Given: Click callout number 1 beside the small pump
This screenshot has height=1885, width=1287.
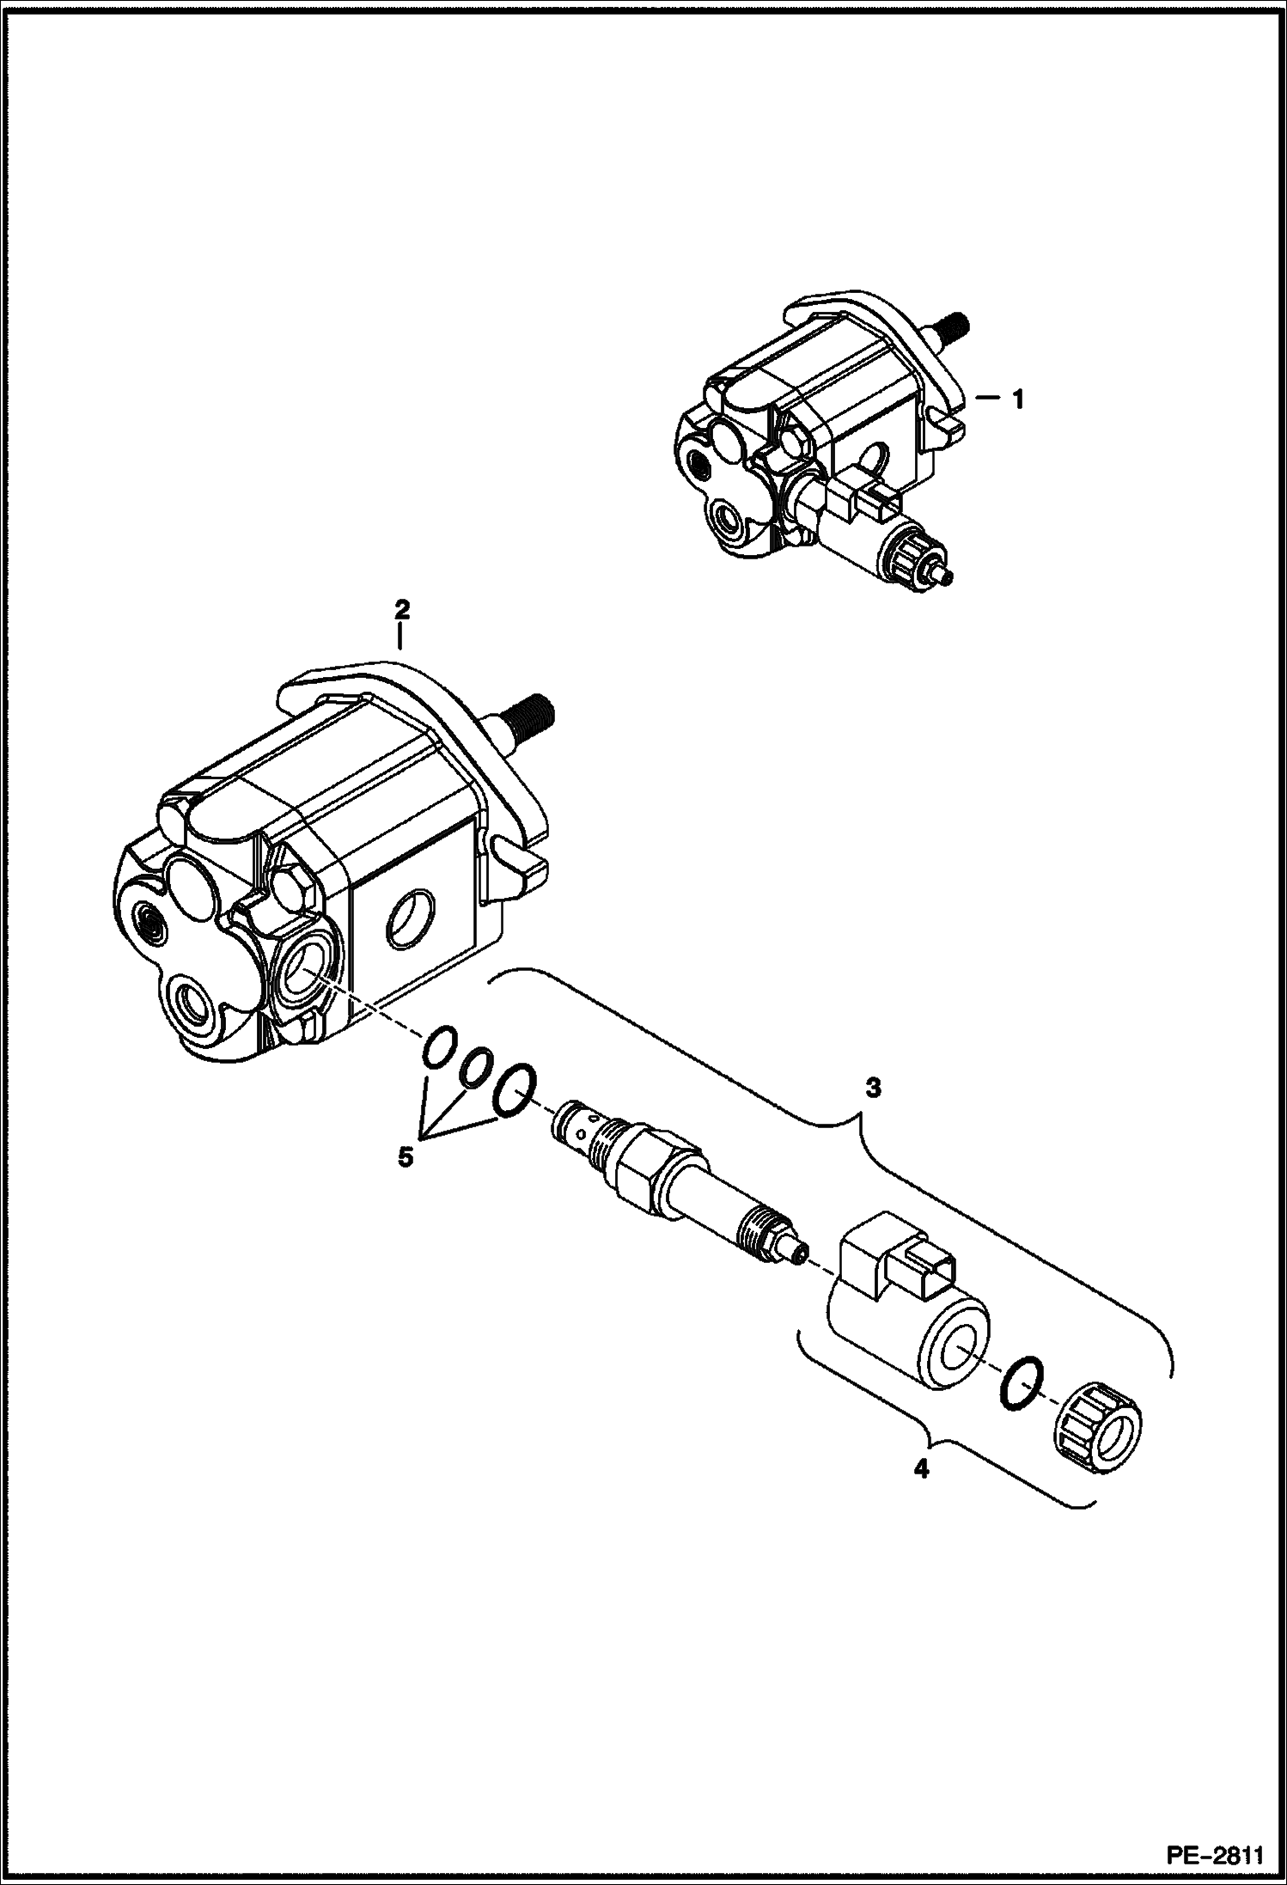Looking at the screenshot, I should point(1017,400).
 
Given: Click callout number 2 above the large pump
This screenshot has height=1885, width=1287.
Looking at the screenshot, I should point(401,609).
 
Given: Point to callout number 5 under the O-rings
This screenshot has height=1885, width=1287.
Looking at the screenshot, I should point(405,1157).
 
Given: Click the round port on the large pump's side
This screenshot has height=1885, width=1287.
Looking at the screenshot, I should point(408,921).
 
